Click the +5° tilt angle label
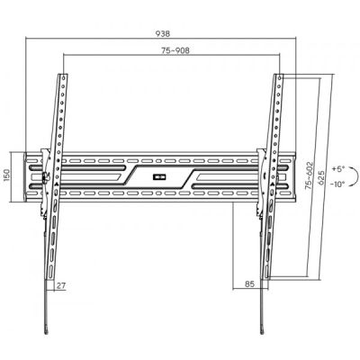337,168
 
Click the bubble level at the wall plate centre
162,175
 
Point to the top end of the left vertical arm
62,75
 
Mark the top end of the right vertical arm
277,75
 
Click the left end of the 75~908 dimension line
63,58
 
